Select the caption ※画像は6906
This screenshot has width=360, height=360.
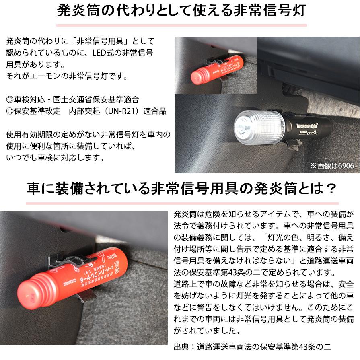[x=333, y=165]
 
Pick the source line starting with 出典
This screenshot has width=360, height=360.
[x=252, y=347]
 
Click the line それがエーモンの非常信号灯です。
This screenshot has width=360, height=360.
[x=66, y=76]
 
